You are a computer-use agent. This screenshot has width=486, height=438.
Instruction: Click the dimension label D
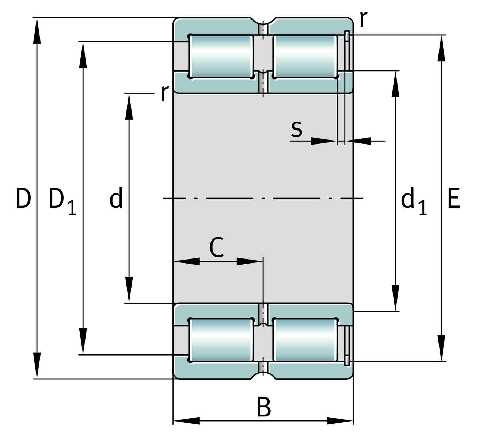click(x=23, y=199)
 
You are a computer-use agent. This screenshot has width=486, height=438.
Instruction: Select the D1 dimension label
click(x=62, y=201)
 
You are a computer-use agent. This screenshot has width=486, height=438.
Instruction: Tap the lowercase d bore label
click(x=116, y=199)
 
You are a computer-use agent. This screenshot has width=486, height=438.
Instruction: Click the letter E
click(x=453, y=199)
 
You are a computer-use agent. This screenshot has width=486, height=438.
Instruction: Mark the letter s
click(x=297, y=128)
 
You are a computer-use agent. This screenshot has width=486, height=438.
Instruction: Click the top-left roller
click(x=221, y=56)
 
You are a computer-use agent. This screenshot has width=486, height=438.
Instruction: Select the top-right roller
click(x=305, y=56)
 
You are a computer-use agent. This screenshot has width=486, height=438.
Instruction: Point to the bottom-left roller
click(x=221, y=340)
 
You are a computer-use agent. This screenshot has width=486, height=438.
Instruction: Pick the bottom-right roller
click(x=305, y=340)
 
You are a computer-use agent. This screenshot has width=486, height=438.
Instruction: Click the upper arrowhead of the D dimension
click(x=37, y=31)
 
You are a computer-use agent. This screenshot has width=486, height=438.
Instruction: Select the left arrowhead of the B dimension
click(x=186, y=420)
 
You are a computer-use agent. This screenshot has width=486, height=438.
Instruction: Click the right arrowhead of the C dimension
click(x=250, y=261)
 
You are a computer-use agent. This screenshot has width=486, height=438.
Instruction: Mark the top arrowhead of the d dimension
click(x=129, y=107)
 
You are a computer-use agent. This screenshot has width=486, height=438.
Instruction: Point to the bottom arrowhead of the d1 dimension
click(x=395, y=297)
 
